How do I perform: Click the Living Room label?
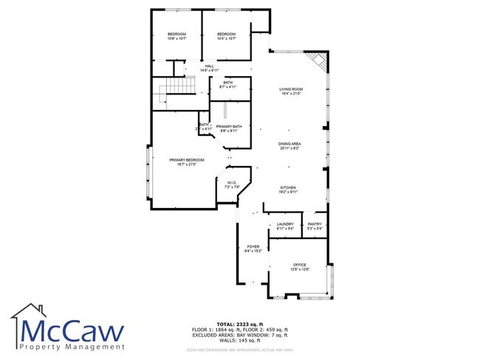[291, 91]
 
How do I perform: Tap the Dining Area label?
[289, 146]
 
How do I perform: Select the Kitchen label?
[288, 189]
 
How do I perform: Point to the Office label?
[299, 266]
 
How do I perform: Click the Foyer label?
[253, 249]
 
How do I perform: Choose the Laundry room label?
[285, 226]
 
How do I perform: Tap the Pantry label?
[314, 226]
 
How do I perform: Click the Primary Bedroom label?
[186, 162]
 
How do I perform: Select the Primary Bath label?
[229, 129]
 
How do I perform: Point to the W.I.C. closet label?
[231, 184]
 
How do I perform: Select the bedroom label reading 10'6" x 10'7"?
[176, 36]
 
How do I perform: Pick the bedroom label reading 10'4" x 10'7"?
[226, 36]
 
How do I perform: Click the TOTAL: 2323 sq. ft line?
[239, 325]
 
